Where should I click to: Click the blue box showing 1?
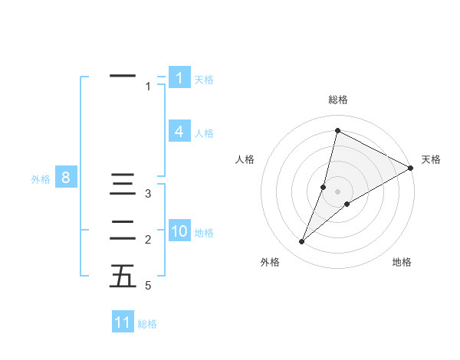coord(179,78)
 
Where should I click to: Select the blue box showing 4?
coord(179,132)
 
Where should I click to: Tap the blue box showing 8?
coord(66,178)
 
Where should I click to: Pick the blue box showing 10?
coord(179,231)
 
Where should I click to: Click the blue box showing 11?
coord(123,322)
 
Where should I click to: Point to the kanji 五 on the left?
coord(123,276)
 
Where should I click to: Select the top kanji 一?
coord(123,76)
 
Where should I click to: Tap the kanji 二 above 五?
coord(123,230)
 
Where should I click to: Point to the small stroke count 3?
coord(148,194)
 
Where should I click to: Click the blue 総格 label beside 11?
coord(147,324)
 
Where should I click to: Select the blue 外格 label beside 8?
coord(41,180)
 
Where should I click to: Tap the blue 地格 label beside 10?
coord(204,233)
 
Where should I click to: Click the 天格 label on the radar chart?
coord(431,160)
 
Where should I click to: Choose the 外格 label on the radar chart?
coord(270,262)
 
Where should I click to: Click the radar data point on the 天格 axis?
coord(411,168)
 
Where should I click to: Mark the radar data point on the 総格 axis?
coord(337,130)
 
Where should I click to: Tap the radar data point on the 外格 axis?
coord(301,242)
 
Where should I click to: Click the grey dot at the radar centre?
coord(337,191)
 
